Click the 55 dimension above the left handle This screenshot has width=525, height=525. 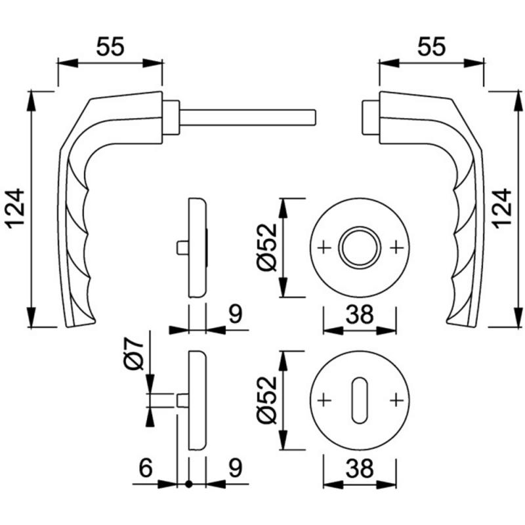[110, 47]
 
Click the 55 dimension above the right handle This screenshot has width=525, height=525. [431, 47]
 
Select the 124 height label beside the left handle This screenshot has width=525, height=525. [16, 209]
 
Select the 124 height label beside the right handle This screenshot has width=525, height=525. [503, 209]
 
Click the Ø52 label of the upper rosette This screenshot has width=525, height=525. [268, 247]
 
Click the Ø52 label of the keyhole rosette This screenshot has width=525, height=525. [268, 400]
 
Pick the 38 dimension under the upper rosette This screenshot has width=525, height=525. [360, 314]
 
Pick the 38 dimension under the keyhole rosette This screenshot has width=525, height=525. [360, 468]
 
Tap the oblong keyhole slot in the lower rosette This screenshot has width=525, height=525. [360, 400]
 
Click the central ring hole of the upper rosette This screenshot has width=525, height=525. [360, 247]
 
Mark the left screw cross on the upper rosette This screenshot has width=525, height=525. [324, 248]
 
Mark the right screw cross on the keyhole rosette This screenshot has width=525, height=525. [396, 400]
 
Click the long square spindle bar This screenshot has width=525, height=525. [248, 117]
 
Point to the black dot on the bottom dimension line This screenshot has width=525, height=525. [189, 484]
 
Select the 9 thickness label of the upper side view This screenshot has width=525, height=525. [236, 314]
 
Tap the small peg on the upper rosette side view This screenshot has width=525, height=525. [182, 247]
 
